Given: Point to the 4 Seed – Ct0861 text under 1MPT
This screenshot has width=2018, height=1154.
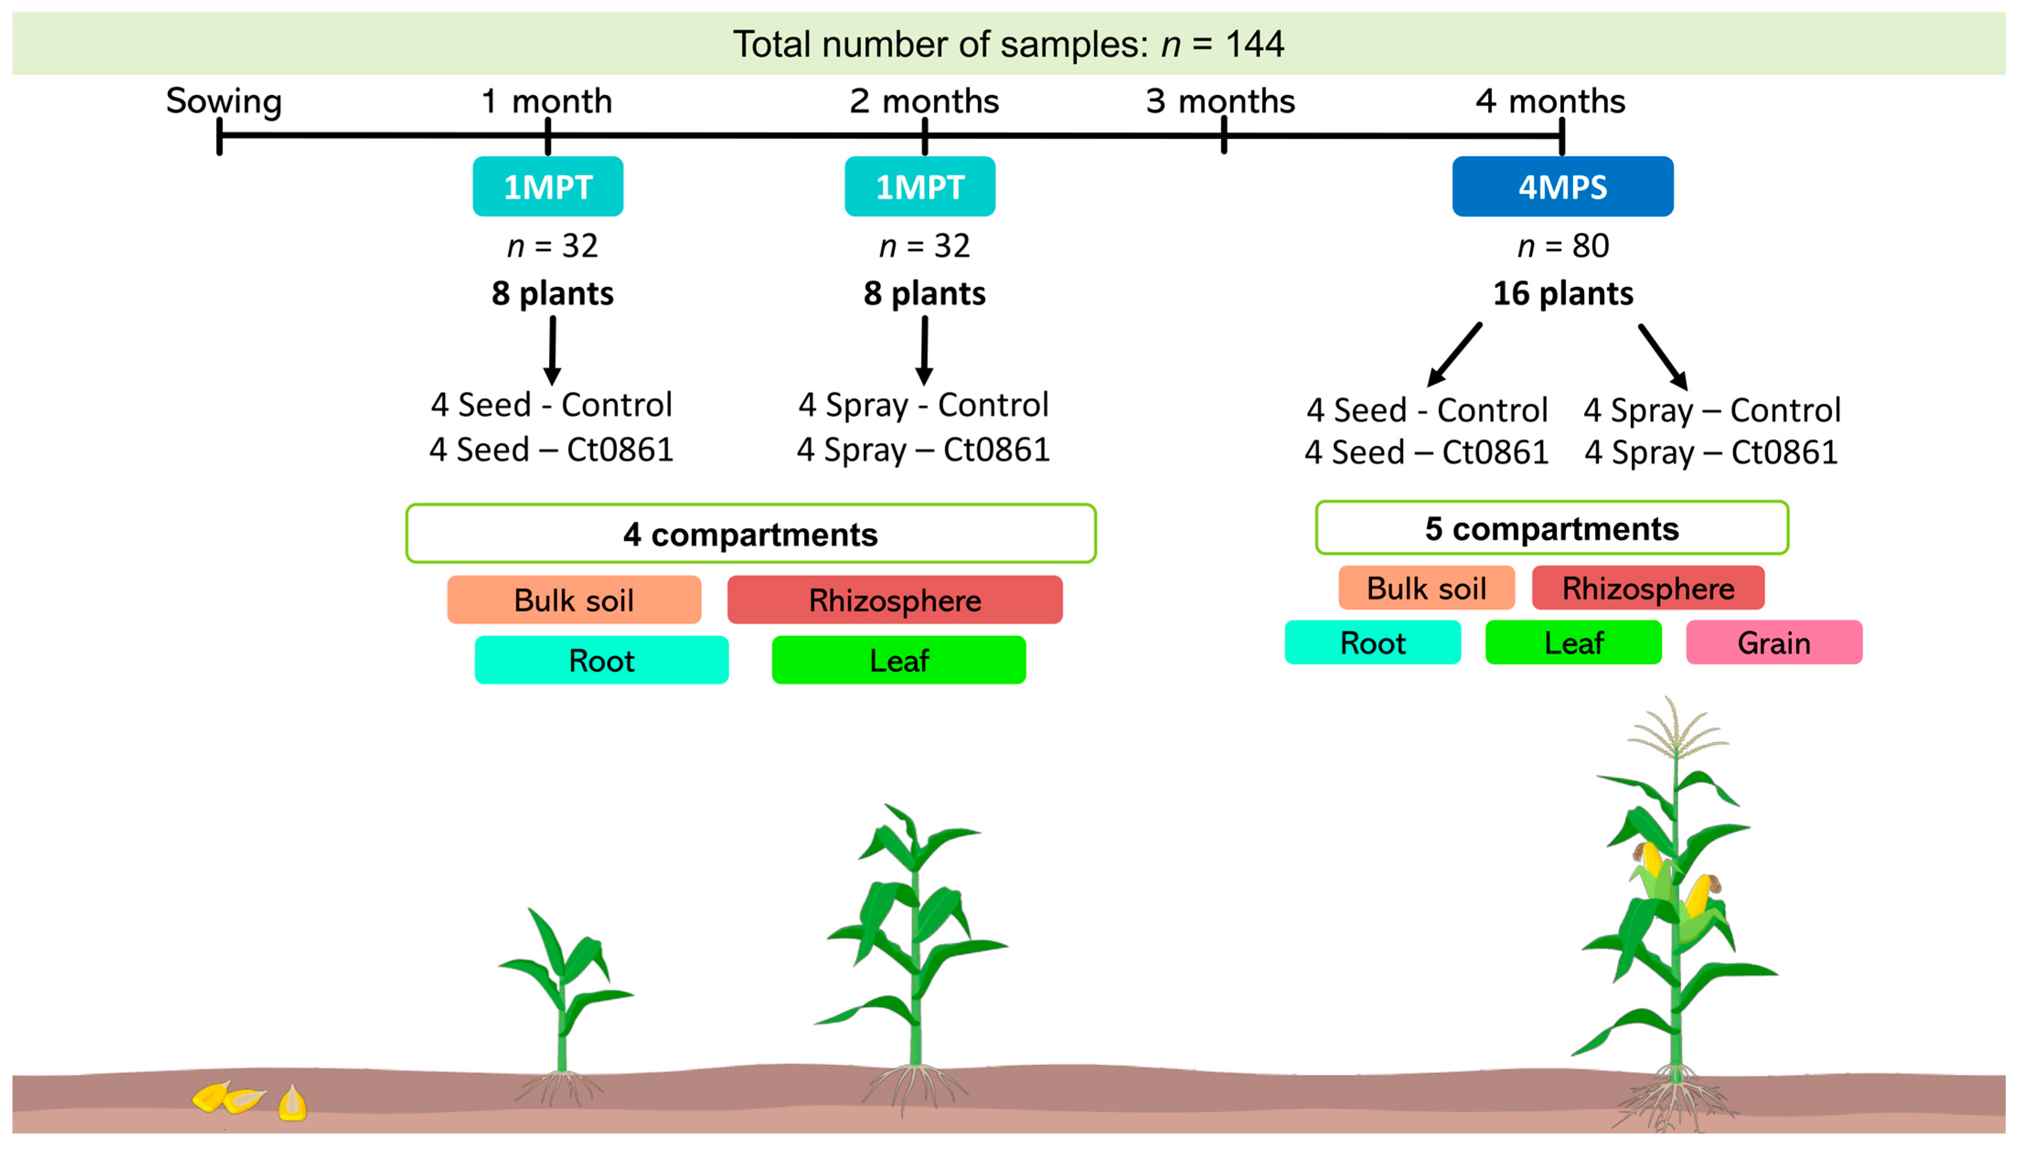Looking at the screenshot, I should [551, 450].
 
